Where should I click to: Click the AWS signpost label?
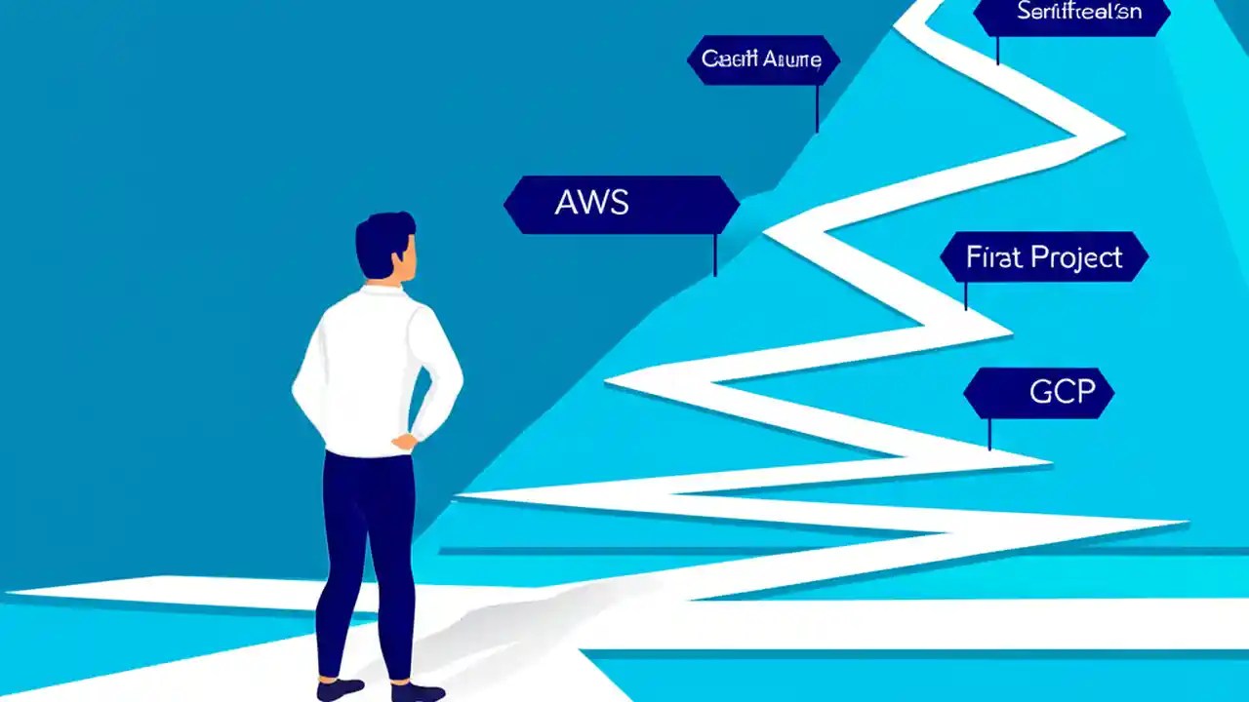point(622,204)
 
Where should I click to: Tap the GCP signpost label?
point(1039,393)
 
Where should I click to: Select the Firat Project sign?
point(1044,257)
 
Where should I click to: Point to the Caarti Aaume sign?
point(762,59)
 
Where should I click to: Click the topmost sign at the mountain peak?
point(1070,14)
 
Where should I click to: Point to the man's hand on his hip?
point(402,442)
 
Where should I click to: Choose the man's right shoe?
point(418,691)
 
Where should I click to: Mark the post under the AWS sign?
point(715,254)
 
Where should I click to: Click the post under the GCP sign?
point(989,435)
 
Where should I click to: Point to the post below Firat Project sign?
point(966,296)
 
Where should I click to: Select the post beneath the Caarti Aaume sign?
point(817,107)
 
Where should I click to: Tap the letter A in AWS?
point(567,203)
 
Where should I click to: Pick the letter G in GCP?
point(1041,393)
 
